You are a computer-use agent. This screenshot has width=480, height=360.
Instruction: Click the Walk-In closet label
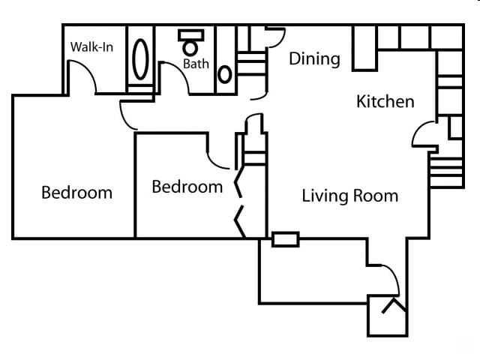(91, 47)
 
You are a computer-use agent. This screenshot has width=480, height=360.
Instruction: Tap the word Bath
(196, 64)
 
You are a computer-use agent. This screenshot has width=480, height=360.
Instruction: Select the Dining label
(314, 58)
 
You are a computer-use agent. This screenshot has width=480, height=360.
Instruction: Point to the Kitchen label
(385, 101)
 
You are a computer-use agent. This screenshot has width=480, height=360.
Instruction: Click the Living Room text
(349, 196)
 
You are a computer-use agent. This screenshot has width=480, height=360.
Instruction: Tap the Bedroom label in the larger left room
(76, 193)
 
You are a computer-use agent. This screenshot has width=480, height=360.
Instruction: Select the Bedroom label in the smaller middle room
(187, 187)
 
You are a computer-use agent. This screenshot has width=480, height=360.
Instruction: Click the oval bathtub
(140, 56)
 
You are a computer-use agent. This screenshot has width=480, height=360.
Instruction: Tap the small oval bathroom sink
(225, 74)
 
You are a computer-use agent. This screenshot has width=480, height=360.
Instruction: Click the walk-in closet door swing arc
(82, 75)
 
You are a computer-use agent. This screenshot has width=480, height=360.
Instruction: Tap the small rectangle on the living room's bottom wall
(285, 240)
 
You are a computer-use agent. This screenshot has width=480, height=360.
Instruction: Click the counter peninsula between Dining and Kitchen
(364, 49)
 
